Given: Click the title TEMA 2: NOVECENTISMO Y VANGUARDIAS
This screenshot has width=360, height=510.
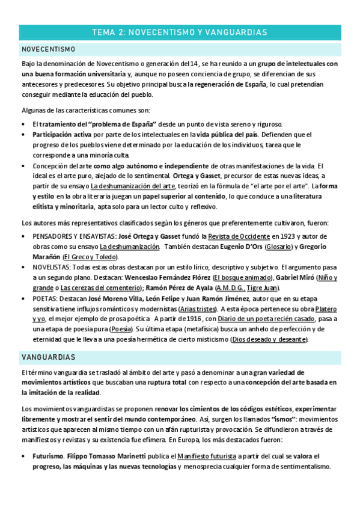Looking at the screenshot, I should click(x=180, y=31).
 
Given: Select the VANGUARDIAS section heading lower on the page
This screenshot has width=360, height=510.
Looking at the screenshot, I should click(x=47, y=357).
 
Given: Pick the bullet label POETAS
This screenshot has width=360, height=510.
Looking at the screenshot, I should click(x=45, y=298).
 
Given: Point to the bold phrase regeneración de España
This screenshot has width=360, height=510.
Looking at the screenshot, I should click(x=230, y=84).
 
